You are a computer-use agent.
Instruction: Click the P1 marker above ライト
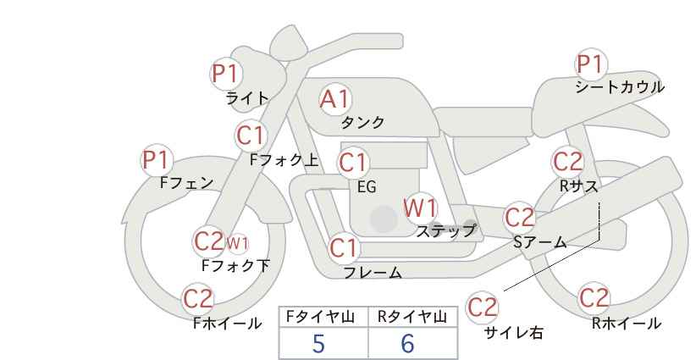226,73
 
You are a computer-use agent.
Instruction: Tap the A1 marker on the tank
335,99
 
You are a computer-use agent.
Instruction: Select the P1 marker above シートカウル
591,64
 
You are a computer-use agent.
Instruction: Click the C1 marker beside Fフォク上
251,136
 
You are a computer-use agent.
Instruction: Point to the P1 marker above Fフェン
157,160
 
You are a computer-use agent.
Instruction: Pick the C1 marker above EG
353,163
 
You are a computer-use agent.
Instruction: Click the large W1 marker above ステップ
420,208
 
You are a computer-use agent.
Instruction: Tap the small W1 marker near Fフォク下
237,243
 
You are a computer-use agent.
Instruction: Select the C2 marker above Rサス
567,162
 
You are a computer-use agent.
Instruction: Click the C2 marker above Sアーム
520,218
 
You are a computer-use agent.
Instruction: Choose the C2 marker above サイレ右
482,307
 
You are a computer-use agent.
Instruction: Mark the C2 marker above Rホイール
594,298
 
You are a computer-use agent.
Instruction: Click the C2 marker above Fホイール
198,299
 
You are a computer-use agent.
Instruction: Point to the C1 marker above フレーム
344,247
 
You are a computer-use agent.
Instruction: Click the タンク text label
362,122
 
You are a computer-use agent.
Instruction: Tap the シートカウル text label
620,87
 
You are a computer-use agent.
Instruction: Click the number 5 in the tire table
318,343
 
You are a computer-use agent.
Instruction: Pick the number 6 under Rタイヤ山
407,343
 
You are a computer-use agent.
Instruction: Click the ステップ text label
445,231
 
